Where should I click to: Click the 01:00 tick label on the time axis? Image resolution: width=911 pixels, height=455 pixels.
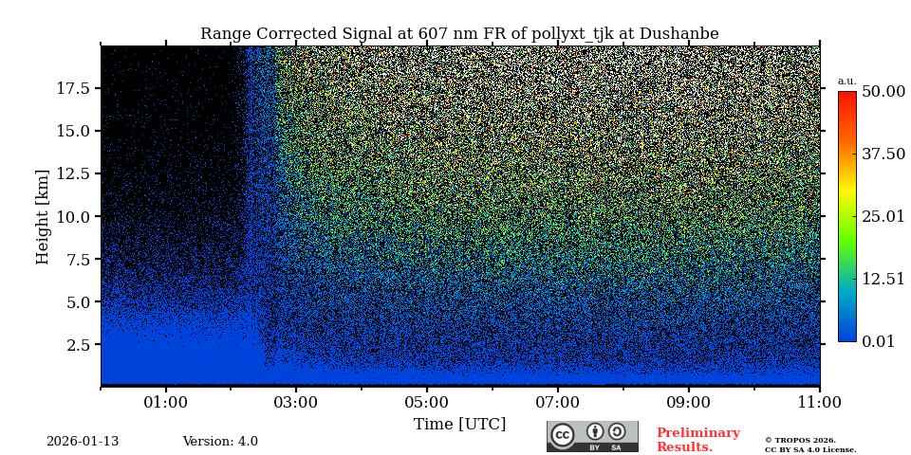(x=166, y=403)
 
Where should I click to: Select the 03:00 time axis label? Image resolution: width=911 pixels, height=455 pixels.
(x=296, y=403)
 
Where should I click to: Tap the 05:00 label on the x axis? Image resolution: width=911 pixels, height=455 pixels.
(x=426, y=403)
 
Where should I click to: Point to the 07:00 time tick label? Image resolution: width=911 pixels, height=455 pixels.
(x=557, y=403)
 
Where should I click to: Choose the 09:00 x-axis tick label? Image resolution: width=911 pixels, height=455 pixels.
(x=687, y=403)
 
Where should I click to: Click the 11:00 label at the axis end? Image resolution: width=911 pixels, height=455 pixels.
(x=819, y=403)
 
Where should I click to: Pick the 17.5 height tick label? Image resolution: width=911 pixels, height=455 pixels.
(x=73, y=88)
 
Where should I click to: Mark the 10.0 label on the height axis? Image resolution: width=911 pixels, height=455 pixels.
(x=73, y=216)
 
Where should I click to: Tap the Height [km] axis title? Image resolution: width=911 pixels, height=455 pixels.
(x=43, y=216)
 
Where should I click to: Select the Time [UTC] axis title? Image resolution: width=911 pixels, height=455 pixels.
(x=459, y=425)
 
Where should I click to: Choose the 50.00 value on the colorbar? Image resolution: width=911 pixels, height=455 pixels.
(x=883, y=92)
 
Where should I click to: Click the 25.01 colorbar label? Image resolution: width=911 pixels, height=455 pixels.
(x=883, y=217)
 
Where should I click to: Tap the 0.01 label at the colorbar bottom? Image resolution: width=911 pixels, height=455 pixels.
(x=878, y=342)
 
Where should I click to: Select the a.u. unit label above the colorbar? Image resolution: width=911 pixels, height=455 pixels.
(x=846, y=82)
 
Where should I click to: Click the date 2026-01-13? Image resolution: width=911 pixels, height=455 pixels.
(x=83, y=442)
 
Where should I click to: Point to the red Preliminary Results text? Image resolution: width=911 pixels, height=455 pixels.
(x=697, y=440)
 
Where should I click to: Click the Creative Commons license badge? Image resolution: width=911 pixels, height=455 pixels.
(x=592, y=436)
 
